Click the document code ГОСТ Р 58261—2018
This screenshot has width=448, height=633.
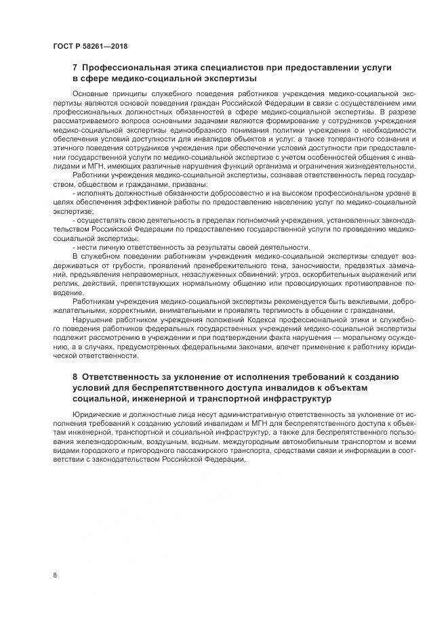tap(89, 47)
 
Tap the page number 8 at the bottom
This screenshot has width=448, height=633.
tap(54, 575)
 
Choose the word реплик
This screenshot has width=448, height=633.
tap(66, 284)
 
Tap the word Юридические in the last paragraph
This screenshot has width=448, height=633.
tap(98, 414)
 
